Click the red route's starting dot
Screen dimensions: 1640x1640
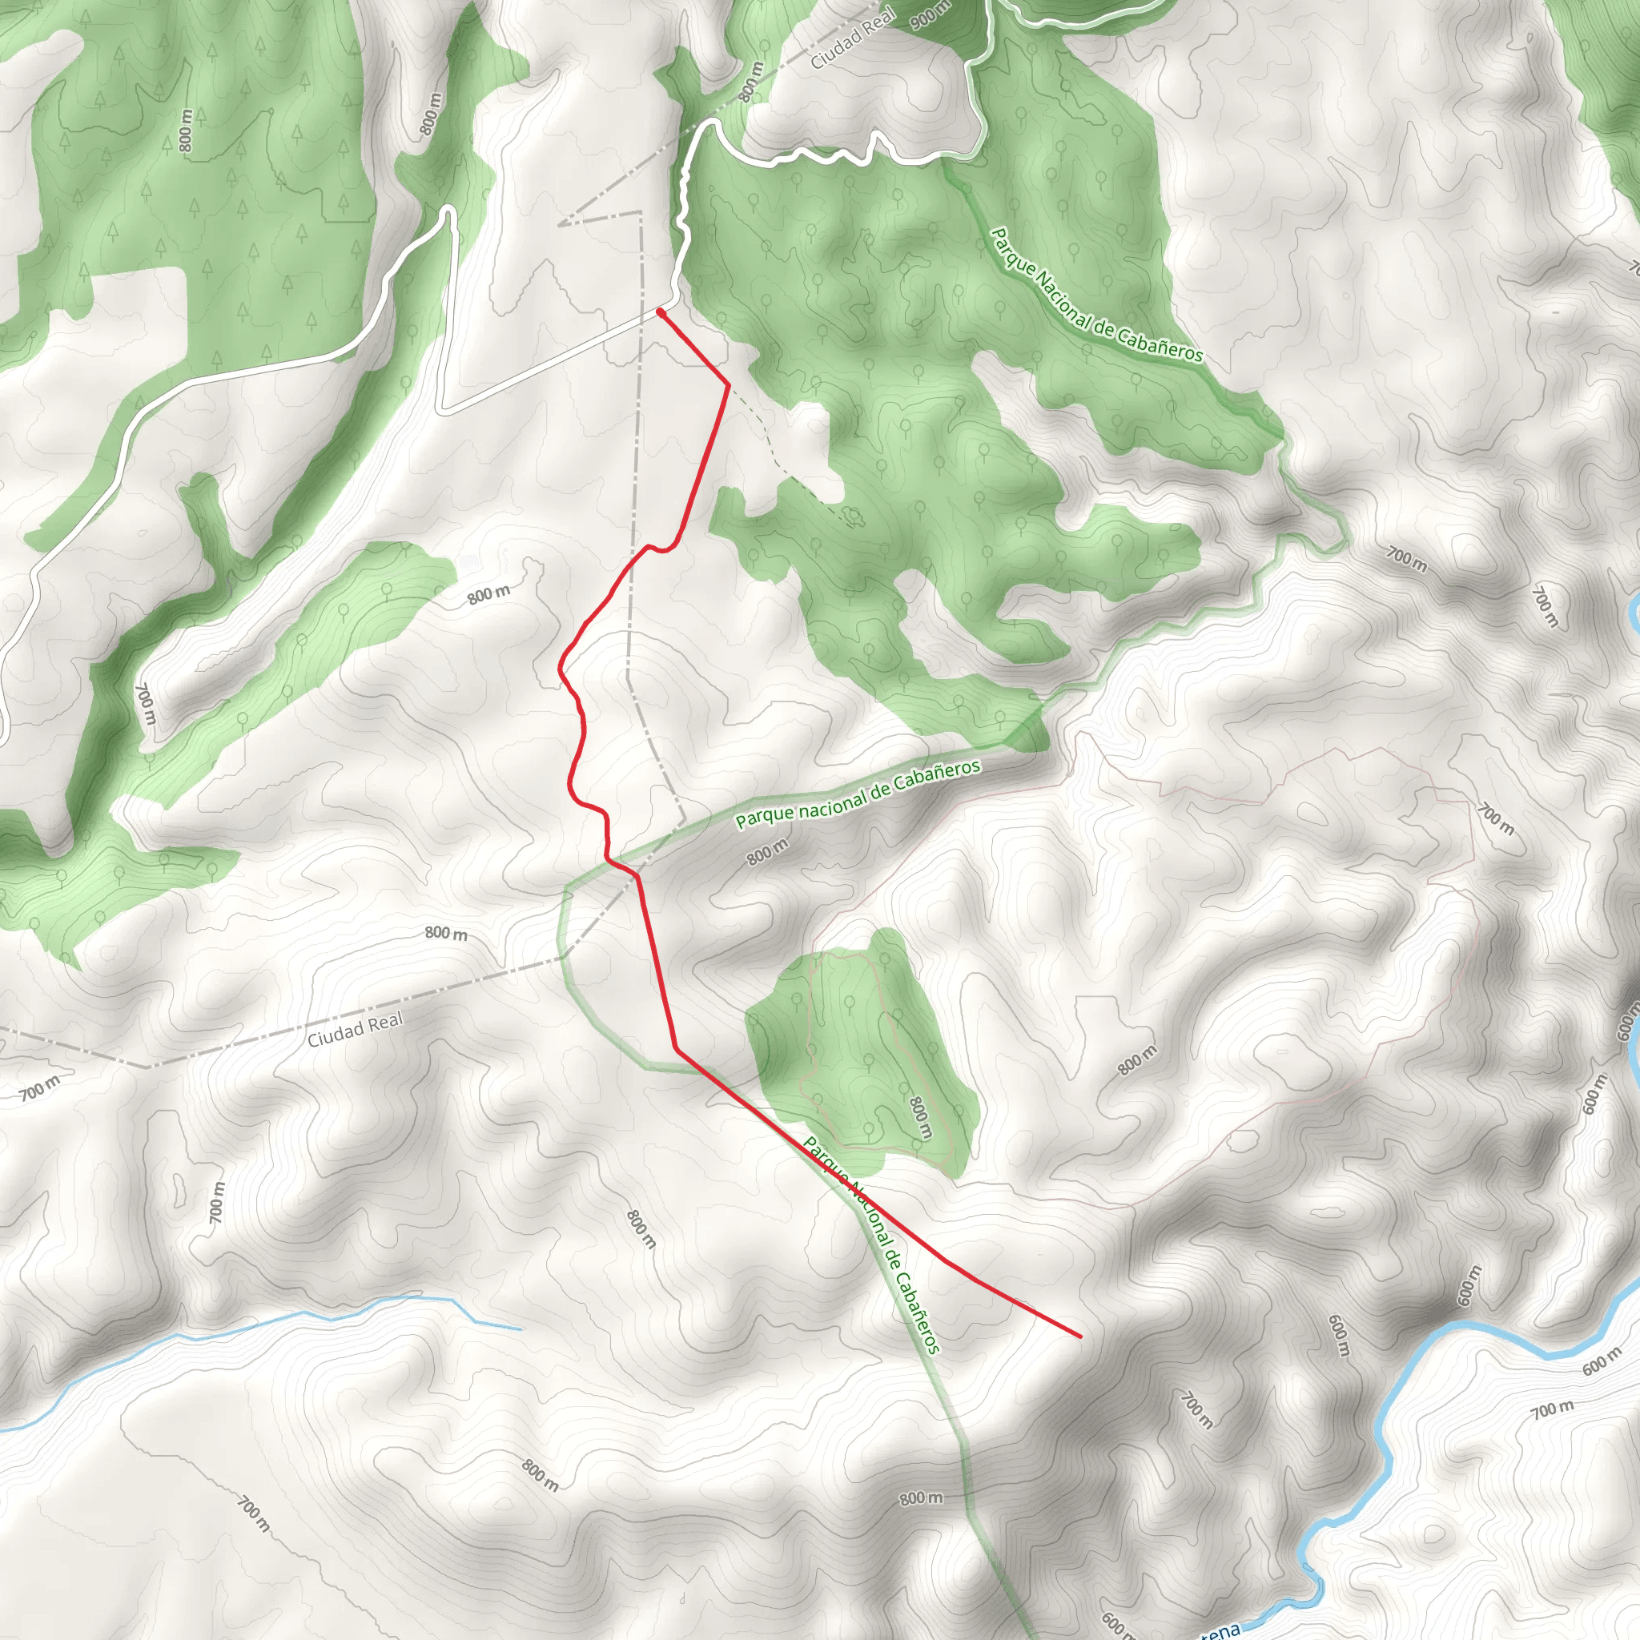click(x=661, y=312)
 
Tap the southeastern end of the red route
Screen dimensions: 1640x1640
click(x=1079, y=1337)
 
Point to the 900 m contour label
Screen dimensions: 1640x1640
click(x=931, y=14)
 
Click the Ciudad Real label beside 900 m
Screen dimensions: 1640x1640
click(x=852, y=38)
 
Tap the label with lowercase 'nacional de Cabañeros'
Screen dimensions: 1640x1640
click(x=858, y=794)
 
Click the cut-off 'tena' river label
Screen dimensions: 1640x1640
click(x=1219, y=1630)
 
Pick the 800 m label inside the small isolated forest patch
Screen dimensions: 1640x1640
click(x=921, y=1117)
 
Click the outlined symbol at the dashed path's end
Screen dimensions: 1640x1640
click(x=851, y=515)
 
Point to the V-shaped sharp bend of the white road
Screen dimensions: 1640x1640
click(x=442, y=412)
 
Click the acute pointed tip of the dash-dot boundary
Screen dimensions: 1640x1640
click(x=561, y=223)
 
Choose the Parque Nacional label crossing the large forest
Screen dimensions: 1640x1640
click(x=1097, y=295)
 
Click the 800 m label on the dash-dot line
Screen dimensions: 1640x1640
click(x=750, y=82)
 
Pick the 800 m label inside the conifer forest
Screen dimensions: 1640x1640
click(x=186, y=131)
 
